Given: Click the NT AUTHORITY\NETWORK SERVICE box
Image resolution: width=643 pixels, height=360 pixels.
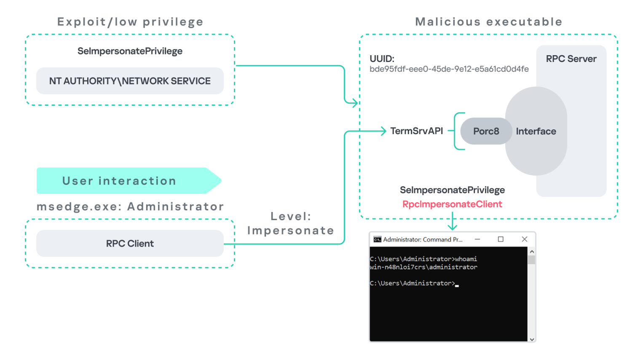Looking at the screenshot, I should [130, 81].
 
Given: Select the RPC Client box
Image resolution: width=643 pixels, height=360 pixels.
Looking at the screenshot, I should [130, 244].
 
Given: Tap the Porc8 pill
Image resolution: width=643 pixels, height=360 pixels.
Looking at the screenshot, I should [486, 131].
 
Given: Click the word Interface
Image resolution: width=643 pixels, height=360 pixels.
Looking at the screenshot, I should [536, 132].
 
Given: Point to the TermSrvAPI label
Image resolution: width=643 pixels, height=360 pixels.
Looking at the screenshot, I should [416, 131].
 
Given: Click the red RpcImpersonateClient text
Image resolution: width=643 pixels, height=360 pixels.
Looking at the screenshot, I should [452, 204].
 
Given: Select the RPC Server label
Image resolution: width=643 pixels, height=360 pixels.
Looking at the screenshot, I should [571, 59].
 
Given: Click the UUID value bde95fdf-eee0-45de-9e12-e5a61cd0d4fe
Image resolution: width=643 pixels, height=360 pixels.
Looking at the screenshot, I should [449, 69].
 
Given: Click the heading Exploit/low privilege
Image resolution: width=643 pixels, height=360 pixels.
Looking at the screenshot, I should [130, 22].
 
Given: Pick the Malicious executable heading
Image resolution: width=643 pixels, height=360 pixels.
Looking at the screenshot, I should [488, 22].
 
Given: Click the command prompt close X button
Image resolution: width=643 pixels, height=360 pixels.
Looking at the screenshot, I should [525, 239].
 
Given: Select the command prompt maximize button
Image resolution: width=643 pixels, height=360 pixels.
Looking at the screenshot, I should [501, 239].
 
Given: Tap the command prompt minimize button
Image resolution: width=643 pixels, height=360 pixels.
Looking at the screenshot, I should [477, 239].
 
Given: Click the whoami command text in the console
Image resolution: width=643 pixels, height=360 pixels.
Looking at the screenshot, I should [466, 259].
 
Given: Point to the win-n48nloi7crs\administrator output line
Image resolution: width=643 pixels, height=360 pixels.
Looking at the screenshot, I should [423, 267].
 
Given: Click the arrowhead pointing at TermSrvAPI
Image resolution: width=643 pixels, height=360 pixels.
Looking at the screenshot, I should [383, 131].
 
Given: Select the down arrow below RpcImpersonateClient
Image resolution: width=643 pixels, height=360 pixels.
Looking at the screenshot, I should [452, 226].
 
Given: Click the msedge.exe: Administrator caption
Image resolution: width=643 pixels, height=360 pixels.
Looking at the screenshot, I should [130, 207].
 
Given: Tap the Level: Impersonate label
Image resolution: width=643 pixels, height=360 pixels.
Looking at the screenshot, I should [291, 223].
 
